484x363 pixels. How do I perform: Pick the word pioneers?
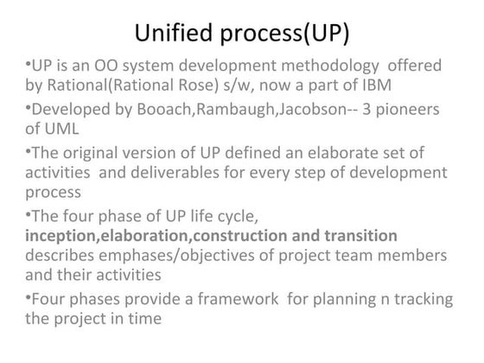tap(406, 109)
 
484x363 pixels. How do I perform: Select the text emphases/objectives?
tap(180, 257)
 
